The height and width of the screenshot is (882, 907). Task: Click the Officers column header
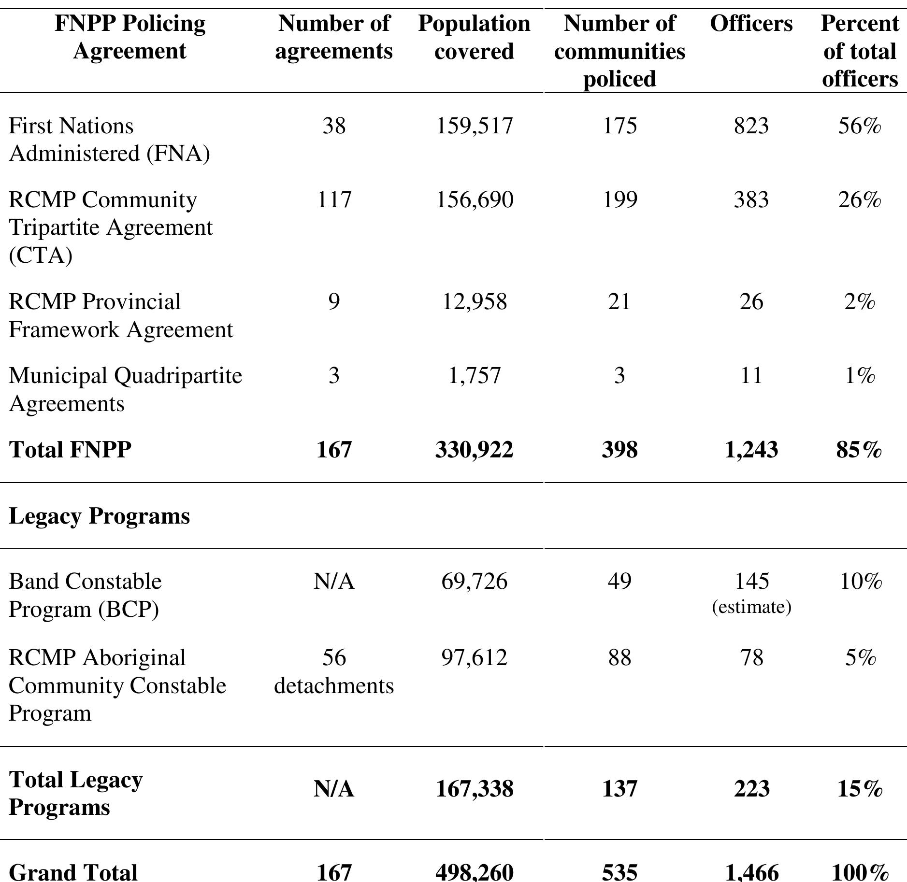751,24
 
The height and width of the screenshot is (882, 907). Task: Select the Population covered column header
474,37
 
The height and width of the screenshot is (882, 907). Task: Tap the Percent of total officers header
859,51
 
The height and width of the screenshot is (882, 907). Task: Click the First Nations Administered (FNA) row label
109,140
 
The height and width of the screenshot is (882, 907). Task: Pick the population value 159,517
474,126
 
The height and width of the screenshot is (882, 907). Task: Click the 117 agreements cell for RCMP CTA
333,199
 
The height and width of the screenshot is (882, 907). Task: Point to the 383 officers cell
751,199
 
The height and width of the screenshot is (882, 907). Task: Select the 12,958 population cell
474,302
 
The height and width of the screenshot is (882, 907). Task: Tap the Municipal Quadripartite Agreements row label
125,389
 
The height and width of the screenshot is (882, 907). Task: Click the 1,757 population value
474,375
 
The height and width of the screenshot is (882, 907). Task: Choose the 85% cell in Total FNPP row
859,450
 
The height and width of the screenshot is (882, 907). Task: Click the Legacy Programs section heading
99,516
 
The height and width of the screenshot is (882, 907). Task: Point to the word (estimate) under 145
751,607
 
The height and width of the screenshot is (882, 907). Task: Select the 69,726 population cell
474,581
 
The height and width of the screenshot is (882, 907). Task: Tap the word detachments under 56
333,685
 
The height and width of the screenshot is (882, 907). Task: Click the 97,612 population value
474,658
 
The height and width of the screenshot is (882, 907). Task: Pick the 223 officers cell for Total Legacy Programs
751,789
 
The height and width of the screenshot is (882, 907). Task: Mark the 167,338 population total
474,789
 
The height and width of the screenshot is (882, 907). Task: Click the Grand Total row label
73,872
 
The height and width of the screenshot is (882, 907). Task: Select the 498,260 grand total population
474,872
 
